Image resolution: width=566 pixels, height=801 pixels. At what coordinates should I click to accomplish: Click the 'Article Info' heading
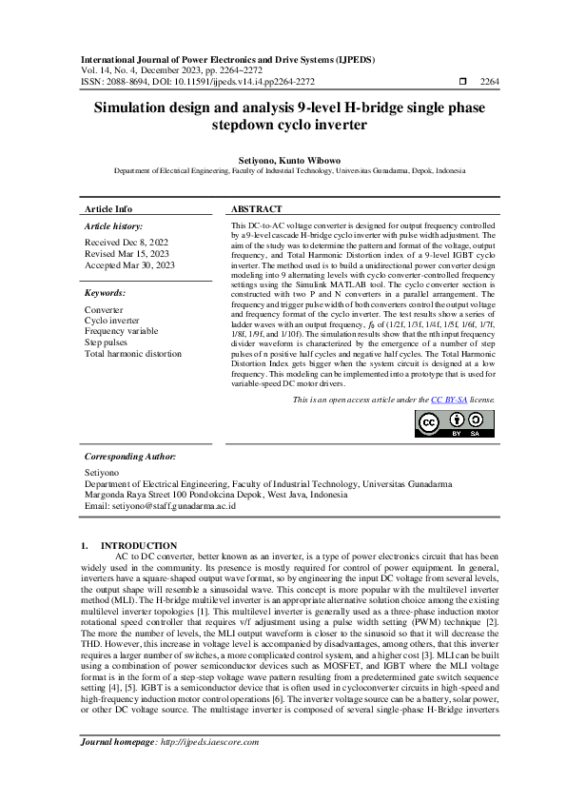[108, 208]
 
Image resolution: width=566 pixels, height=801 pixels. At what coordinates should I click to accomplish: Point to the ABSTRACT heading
[256, 208]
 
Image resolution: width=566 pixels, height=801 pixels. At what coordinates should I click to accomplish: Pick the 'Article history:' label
[114, 226]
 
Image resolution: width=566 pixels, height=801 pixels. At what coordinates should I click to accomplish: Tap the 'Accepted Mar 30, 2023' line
[130, 265]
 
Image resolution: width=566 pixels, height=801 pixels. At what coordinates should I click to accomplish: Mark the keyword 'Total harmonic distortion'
[132, 353]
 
